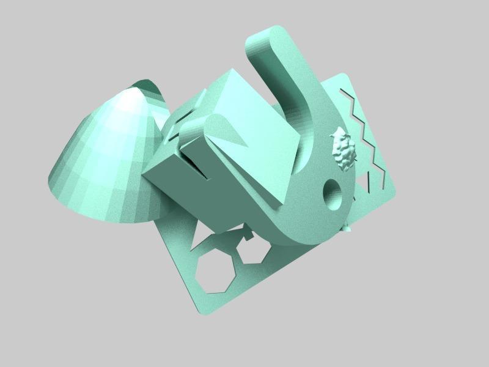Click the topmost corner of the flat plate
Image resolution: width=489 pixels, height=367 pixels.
pyautogui.click(x=345, y=74)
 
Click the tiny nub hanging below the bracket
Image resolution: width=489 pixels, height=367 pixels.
pyautogui.click(x=347, y=229)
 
